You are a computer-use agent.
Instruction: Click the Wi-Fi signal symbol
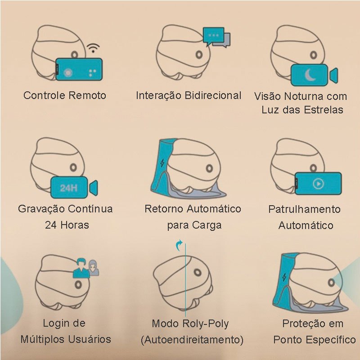pos(93,48)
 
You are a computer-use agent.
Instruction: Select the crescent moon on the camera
pos(310,75)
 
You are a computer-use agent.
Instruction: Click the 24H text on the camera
pos(69,188)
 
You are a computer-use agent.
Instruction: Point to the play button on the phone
pos(318,184)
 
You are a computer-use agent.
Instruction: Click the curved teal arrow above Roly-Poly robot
pos(179,246)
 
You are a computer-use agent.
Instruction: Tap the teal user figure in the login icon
pos(81,268)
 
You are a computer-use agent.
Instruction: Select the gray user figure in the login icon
pos(93,267)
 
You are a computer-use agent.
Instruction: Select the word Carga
pos(207,225)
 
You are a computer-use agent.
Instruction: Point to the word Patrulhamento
pos(305,209)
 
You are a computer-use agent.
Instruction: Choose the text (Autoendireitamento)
pos(192,340)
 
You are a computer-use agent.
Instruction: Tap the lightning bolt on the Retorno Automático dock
pos(162,163)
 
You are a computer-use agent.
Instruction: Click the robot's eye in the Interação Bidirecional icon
pos(199,54)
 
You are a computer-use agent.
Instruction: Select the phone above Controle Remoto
pos(79,69)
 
